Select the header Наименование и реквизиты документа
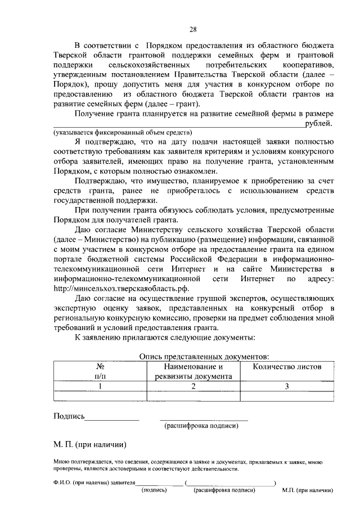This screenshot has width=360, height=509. (x=193, y=371)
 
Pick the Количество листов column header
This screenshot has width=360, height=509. (x=287, y=367)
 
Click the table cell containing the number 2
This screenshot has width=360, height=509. (x=193, y=386)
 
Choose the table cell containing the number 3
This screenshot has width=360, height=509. (x=287, y=386)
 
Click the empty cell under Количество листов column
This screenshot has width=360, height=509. (x=287, y=396)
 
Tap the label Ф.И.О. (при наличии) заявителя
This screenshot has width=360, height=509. (x=95, y=483)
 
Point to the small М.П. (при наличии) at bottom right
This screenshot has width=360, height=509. (x=307, y=490)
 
